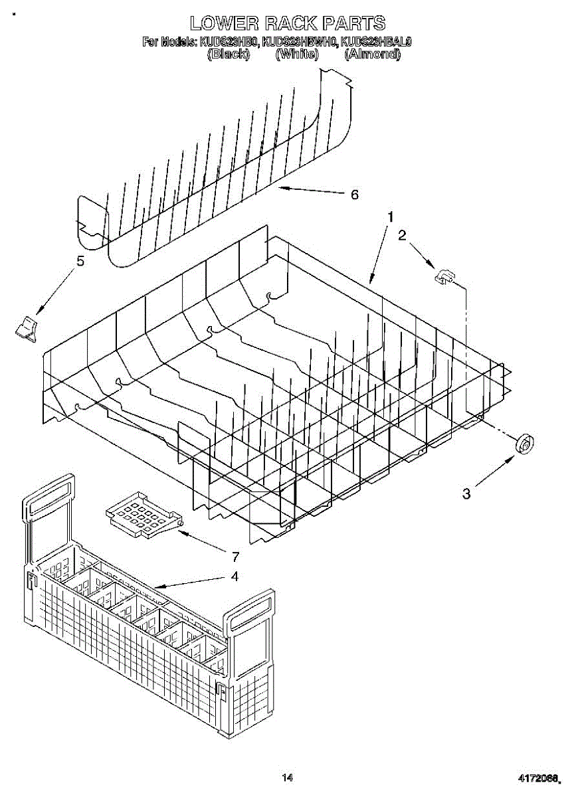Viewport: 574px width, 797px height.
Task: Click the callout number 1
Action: (x=391, y=217)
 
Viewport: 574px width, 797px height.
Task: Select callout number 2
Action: (x=402, y=234)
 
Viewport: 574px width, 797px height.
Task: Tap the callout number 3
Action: (x=466, y=493)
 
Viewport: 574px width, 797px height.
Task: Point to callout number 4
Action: (x=234, y=576)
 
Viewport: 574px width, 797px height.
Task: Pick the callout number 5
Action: (x=80, y=261)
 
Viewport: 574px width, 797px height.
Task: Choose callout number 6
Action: (x=354, y=194)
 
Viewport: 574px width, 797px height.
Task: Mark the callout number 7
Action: (x=235, y=557)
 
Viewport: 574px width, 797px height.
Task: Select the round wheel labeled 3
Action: (x=526, y=443)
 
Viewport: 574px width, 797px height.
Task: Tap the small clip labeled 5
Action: (x=27, y=329)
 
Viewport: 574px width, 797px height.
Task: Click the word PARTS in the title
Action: (x=353, y=23)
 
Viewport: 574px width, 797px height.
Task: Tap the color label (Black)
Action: (x=228, y=54)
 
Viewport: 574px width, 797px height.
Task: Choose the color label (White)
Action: (x=296, y=54)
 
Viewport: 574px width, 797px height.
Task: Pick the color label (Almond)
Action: (x=372, y=54)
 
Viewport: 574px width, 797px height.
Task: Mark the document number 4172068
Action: (x=539, y=777)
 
